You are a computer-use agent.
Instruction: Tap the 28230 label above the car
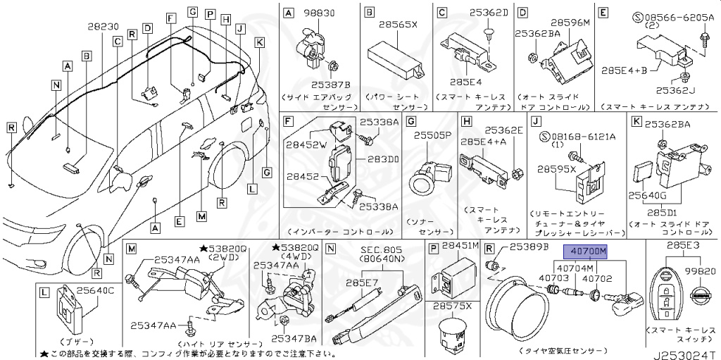pyautogui.click(x=104, y=26)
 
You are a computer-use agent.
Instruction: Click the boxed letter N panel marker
pyautogui.click(x=330, y=248)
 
